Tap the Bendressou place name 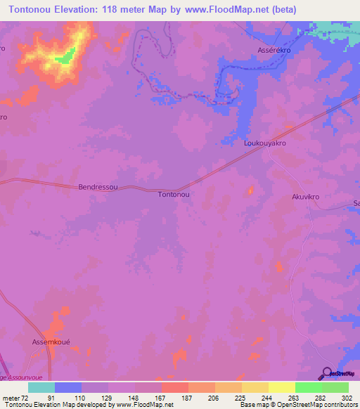click(x=98, y=188)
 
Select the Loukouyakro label click(x=265, y=143)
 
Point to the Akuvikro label click(x=305, y=197)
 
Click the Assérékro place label click(x=274, y=51)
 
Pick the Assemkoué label click(x=51, y=342)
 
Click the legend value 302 click(x=347, y=397)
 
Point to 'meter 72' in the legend click(x=14, y=397)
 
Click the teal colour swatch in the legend click(x=41, y=387)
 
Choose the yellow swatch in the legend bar click(x=281, y=387)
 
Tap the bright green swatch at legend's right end click(x=335, y=387)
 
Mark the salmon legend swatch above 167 click(x=174, y=387)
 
